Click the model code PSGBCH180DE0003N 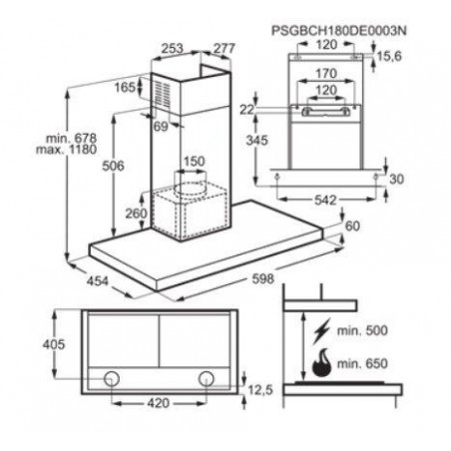339,31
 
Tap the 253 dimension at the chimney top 173,49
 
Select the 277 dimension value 225,49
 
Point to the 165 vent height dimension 125,88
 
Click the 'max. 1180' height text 67,150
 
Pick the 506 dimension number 113,166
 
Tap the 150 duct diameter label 195,162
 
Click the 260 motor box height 136,214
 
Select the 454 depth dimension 98,281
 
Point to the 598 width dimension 263,278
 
